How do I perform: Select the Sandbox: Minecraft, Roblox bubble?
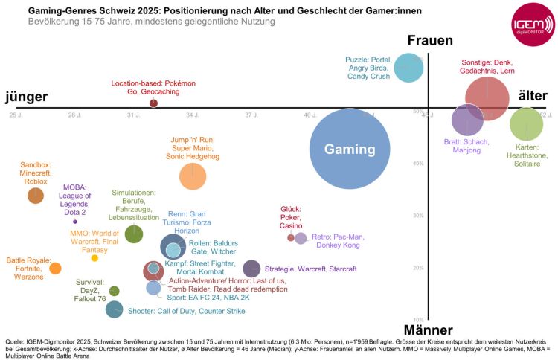35,196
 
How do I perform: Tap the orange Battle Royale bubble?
55,268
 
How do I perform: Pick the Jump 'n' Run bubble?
193,176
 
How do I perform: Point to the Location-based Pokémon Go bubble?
153,103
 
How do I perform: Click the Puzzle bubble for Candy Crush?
408,67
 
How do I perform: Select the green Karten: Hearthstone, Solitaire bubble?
526,123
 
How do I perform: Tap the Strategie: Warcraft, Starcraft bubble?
251,269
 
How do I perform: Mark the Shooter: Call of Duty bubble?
114,309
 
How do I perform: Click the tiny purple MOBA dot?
75,222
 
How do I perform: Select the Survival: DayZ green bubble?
114,291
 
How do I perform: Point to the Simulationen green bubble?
134,234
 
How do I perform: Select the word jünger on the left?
27,97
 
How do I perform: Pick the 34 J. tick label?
192,115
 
